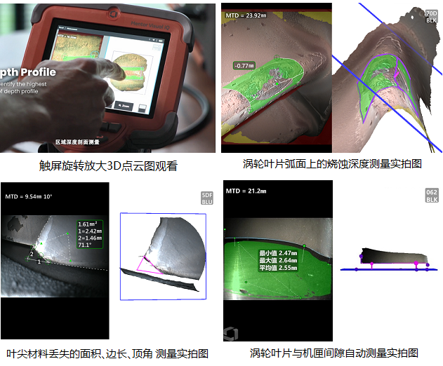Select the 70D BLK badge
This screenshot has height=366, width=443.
pos(432,16)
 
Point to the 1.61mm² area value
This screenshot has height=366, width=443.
pos(89,224)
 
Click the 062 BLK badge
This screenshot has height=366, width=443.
pos(432,196)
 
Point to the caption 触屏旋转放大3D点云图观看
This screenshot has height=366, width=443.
pos(108,166)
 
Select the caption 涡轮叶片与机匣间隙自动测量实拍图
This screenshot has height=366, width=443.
pos(333,353)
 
